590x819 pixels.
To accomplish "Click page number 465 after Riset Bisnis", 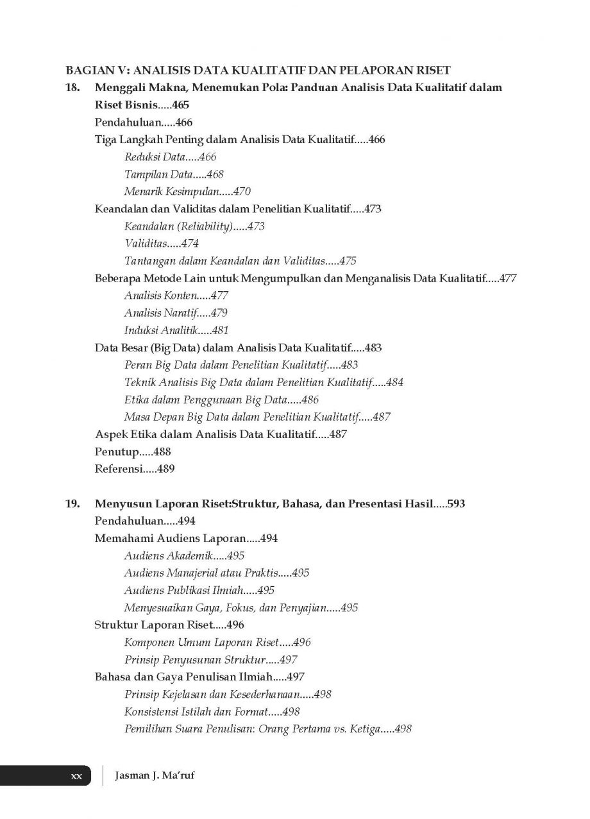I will pyautogui.click(x=180, y=105).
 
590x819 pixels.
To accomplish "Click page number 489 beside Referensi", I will pyautogui.click(x=165, y=469).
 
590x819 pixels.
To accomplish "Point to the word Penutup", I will pyautogui.click(x=117, y=452).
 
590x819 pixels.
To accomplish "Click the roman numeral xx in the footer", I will pyautogui.click(x=76, y=776).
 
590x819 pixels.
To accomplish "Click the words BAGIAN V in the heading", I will pyautogui.click(x=96, y=70).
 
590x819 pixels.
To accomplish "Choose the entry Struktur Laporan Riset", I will pyautogui.click(x=152, y=625).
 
